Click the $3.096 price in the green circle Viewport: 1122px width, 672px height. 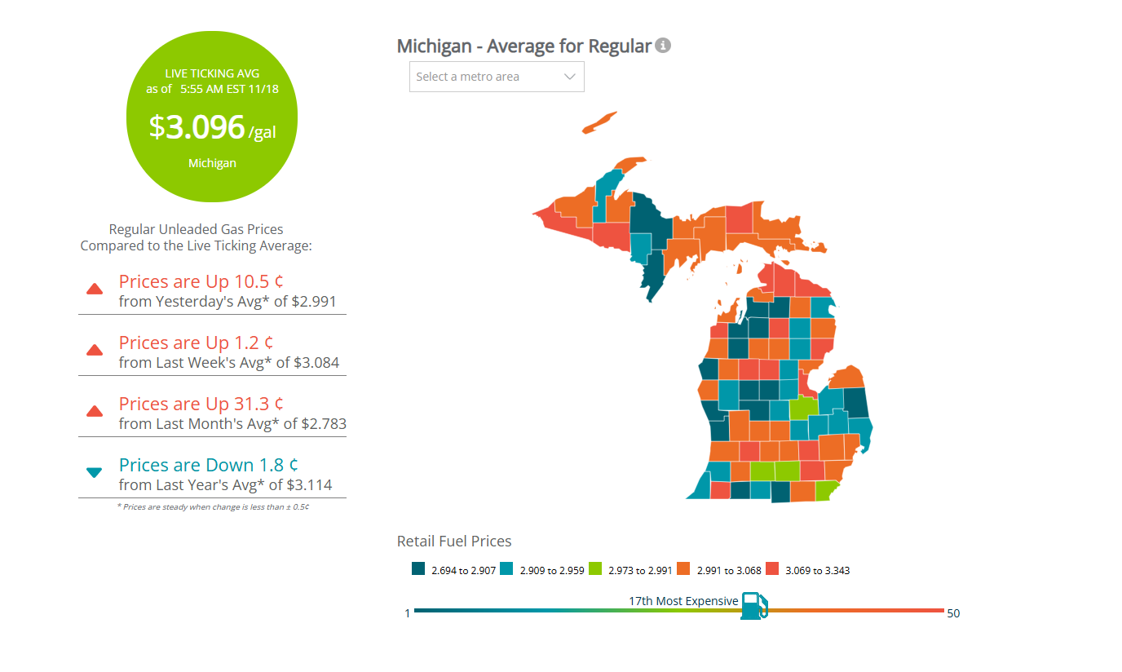click(197, 127)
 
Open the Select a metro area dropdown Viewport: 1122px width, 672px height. click(497, 77)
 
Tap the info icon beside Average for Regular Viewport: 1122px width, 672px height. click(663, 46)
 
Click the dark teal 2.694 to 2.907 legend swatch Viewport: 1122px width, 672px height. click(418, 569)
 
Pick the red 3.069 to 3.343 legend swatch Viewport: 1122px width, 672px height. click(772, 569)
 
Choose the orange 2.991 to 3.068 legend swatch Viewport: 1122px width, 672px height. click(683, 569)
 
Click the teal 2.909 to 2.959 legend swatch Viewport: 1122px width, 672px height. click(507, 569)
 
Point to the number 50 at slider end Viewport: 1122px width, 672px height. click(953, 613)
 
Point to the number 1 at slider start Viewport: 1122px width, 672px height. click(408, 613)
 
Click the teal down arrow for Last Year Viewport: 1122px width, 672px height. click(95, 472)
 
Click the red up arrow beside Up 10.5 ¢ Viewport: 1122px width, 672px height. click(95, 289)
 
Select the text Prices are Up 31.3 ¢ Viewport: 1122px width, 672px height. click(201, 404)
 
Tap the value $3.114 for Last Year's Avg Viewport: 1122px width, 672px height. click(307, 484)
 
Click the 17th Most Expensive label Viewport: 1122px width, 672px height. click(682, 601)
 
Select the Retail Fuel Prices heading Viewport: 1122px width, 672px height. click(454, 541)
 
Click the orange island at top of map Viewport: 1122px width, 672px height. click(599, 122)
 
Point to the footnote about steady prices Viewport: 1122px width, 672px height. click(212, 506)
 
